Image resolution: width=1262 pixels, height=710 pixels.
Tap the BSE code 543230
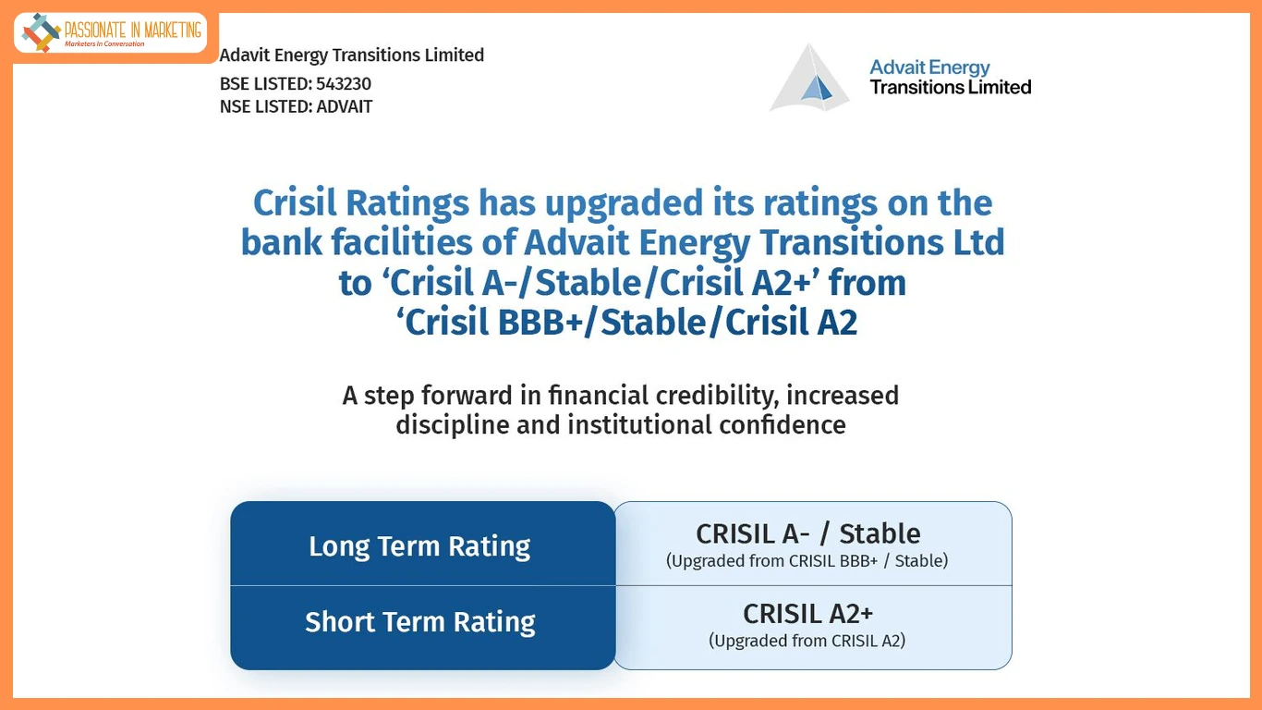(x=343, y=84)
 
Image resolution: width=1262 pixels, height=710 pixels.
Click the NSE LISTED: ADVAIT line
(x=296, y=106)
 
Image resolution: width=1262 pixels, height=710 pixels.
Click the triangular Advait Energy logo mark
(x=809, y=79)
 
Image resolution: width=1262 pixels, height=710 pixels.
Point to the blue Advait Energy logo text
(x=929, y=67)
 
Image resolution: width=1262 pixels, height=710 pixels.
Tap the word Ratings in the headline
(x=407, y=203)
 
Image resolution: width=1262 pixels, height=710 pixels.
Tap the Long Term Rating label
(x=419, y=546)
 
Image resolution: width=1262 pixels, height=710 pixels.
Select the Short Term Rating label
(x=419, y=622)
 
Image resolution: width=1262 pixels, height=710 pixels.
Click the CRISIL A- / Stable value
(x=807, y=533)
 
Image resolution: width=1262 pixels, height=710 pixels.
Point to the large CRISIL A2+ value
(x=807, y=614)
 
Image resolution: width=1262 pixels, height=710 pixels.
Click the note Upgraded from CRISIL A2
(x=807, y=641)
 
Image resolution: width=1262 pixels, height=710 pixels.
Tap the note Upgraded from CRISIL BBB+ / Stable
(x=807, y=561)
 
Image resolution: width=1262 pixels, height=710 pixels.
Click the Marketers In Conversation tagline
(x=104, y=44)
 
